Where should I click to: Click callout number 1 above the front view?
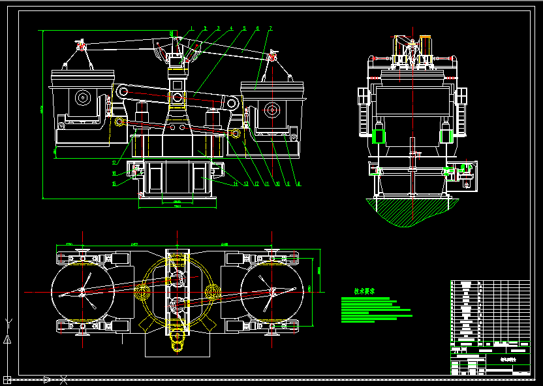pyautogui.click(x=192, y=29)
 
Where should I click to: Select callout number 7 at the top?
pyautogui.click(x=270, y=29)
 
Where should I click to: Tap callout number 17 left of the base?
pyautogui.click(x=114, y=163)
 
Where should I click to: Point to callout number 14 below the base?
pyautogui.click(x=236, y=184)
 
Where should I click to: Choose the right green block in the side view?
pyautogui.click(x=446, y=136)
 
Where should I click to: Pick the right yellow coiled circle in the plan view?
pyautogui.click(x=211, y=292)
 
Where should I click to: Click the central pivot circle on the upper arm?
pyautogui.click(x=177, y=99)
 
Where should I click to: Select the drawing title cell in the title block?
pyautogui.click(x=507, y=359)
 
